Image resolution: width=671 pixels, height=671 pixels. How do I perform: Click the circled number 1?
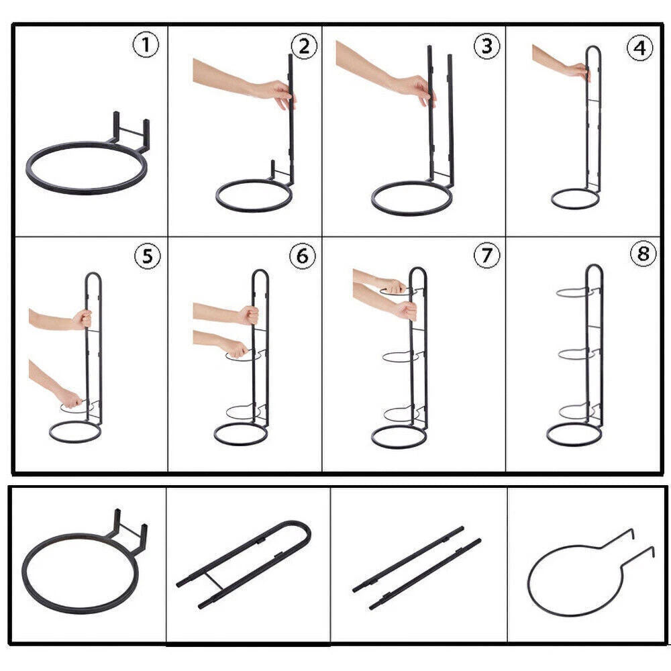146,45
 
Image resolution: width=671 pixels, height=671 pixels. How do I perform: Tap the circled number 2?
304,46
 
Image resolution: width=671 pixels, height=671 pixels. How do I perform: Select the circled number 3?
486,46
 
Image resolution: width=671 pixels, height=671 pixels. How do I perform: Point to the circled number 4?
639,48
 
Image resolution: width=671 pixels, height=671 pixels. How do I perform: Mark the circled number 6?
303,256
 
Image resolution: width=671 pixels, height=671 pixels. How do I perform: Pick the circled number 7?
486,255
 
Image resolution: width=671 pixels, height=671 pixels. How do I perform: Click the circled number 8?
643,254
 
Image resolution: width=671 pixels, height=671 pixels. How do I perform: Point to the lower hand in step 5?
69,398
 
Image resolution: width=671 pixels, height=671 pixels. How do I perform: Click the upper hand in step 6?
248,315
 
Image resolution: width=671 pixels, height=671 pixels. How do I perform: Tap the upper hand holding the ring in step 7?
394,285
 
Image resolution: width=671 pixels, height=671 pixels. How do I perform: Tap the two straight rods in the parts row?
417,568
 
